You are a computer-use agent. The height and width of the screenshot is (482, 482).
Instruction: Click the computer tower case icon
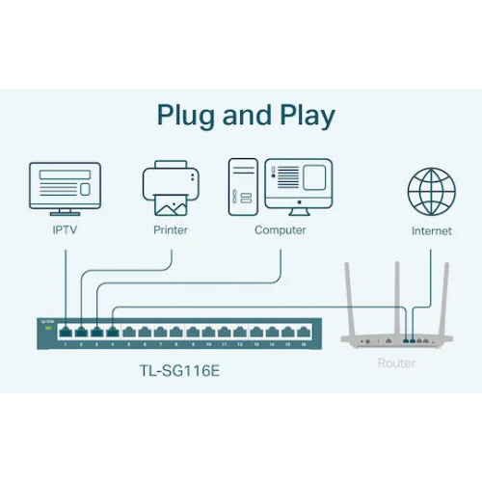[x=243, y=187]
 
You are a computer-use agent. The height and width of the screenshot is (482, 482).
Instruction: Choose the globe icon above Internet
[x=431, y=190]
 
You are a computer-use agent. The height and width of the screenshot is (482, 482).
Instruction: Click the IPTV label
[x=66, y=230]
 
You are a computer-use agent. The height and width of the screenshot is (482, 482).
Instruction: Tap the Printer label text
[x=171, y=230]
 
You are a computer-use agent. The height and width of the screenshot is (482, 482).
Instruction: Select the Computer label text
[x=281, y=230]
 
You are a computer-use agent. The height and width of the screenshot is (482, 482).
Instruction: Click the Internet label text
[x=431, y=231]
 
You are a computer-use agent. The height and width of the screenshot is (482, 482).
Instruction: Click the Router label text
[x=396, y=363]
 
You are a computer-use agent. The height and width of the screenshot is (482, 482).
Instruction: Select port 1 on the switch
[x=65, y=334]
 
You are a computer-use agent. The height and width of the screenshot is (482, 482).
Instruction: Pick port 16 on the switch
[x=304, y=334]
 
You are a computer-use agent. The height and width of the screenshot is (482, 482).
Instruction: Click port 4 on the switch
[x=113, y=334]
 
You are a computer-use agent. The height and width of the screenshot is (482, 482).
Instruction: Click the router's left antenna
[x=352, y=294]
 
